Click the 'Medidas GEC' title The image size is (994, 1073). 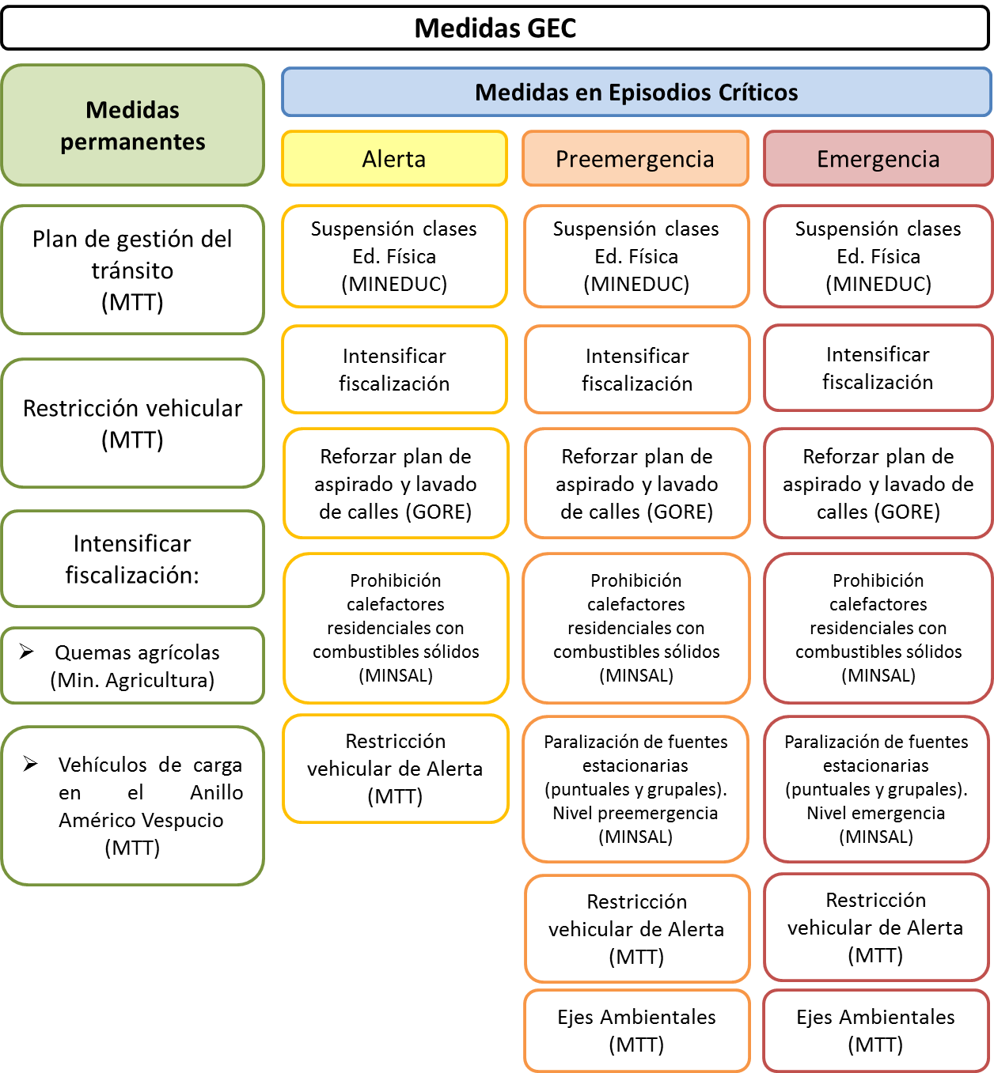point(495,28)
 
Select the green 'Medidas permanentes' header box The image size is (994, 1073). point(133,126)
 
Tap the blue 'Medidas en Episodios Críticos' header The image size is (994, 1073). point(636,93)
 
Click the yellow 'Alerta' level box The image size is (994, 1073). point(394,159)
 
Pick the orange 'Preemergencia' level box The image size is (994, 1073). point(635,159)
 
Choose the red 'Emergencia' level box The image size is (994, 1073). point(878,159)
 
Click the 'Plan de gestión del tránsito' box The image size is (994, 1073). point(133,270)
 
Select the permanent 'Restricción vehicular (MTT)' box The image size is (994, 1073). point(133,423)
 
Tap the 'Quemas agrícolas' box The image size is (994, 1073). point(133,666)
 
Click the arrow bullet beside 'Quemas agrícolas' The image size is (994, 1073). point(27,652)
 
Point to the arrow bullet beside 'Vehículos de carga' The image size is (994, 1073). point(31,764)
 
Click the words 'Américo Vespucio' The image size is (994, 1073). point(141,820)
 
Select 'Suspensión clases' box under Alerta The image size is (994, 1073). point(394,256)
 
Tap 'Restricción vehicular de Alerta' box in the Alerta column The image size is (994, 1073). point(395,769)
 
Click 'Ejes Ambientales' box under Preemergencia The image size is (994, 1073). point(636,1030)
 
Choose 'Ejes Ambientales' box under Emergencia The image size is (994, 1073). point(875,1030)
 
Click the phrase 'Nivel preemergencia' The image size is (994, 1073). point(635,813)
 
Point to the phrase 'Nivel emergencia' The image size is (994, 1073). point(876,813)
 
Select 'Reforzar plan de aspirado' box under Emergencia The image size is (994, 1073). point(878,484)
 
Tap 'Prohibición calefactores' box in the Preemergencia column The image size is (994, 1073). point(636,628)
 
